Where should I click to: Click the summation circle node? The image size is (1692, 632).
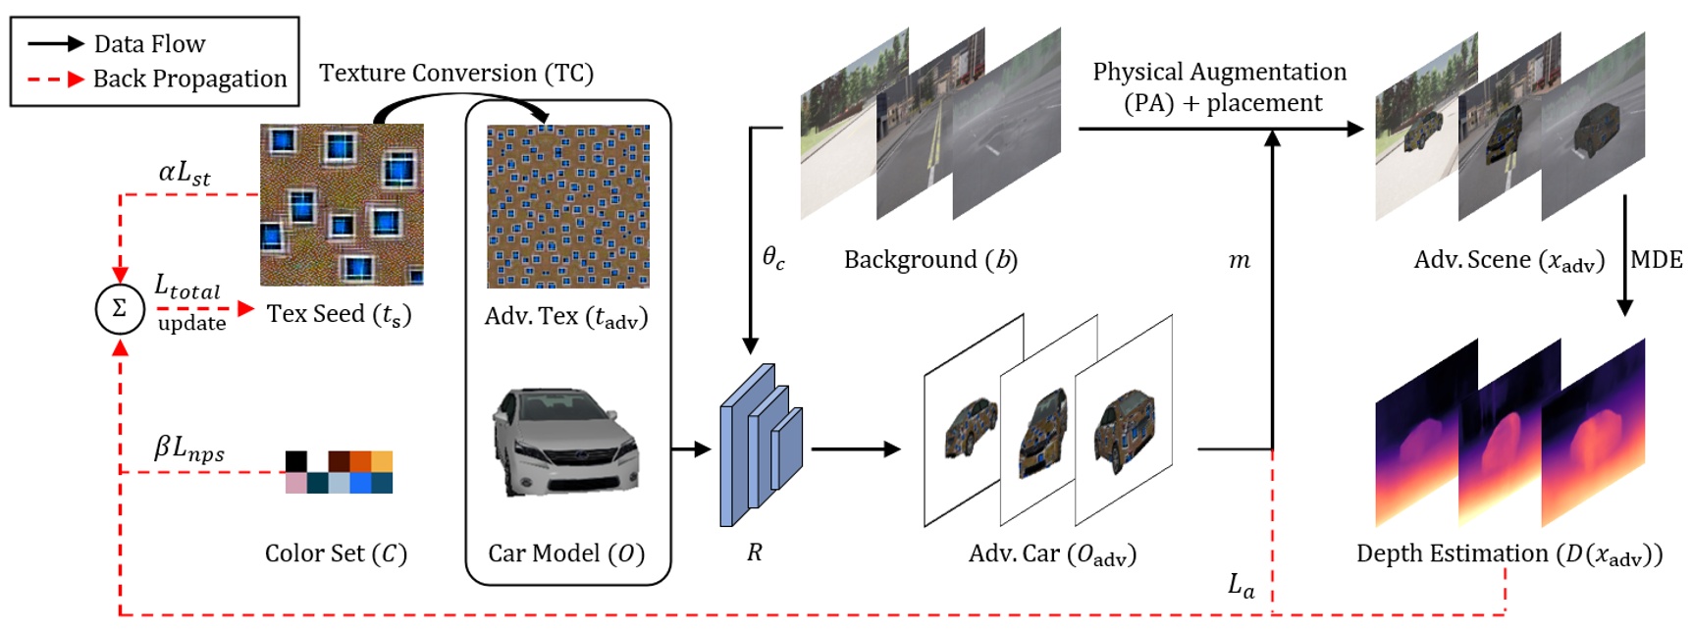pyautogui.click(x=119, y=309)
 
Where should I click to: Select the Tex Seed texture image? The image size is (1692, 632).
pyautogui.click(x=342, y=204)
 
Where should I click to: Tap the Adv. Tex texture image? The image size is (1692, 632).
pyautogui.click(x=567, y=206)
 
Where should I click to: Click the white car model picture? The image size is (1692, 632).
pyautogui.click(x=566, y=442)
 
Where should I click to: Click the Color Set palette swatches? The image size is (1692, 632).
pyautogui.click(x=339, y=472)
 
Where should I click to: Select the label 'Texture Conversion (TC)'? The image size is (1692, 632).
pyautogui.click(x=456, y=74)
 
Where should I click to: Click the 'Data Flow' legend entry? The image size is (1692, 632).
pyautogui.click(x=149, y=44)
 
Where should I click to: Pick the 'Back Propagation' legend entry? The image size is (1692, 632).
pyautogui.click(x=189, y=79)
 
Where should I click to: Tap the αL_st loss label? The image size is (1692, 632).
pyautogui.click(x=185, y=174)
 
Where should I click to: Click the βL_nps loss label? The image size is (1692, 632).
pyautogui.click(x=189, y=448)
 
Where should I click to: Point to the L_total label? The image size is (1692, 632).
pyautogui.click(x=187, y=287)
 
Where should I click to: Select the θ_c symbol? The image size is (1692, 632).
pyautogui.click(x=774, y=258)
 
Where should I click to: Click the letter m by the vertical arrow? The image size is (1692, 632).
pyautogui.click(x=1240, y=261)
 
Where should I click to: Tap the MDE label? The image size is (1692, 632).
pyautogui.click(x=1657, y=260)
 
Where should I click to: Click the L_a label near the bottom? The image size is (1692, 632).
pyautogui.click(x=1242, y=586)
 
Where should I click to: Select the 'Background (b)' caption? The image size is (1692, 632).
pyautogui.click(x=930, y=260)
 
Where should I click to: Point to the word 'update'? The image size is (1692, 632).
pyautogui.click(x=192, y=324)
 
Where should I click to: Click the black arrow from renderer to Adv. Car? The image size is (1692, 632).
pyautogui.click(x=855, y=449)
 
